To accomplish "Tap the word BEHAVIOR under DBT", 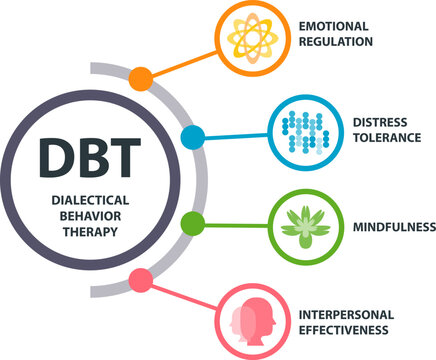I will pyautogui.click(x=89, y=214).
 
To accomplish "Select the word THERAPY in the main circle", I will pyautogui.click(x=89, y=229).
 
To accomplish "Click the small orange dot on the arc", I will pyautogui.click(x=142, y=78).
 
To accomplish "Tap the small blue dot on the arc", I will pyautogui.click(x=193, y=136).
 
